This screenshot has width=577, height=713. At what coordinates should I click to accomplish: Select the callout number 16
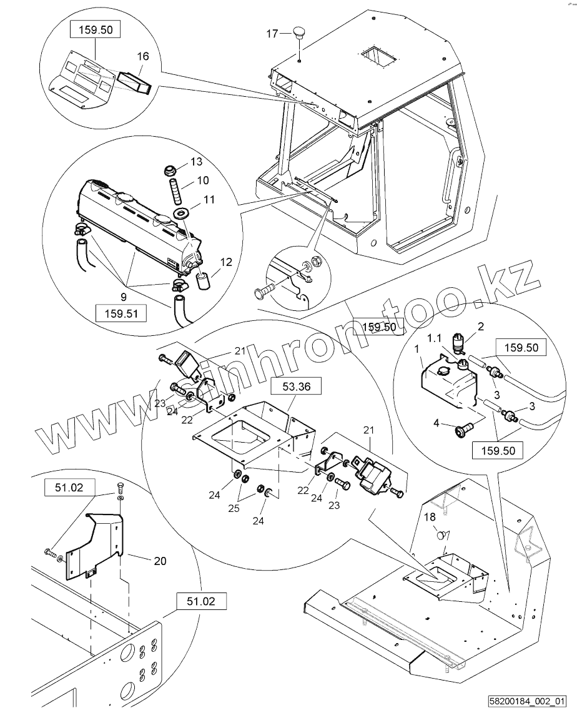[143, 57]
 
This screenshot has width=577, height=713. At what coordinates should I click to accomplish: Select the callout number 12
[225, 262]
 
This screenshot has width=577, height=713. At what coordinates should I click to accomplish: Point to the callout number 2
[480, 325]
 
